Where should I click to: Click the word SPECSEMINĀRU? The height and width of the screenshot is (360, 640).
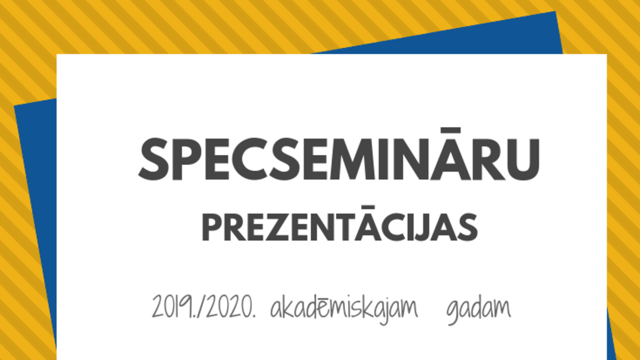tap(339, 154)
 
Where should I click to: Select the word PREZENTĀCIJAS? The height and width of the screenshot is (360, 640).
tap(340, 223)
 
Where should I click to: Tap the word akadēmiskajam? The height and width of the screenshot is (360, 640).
tap(344, 309)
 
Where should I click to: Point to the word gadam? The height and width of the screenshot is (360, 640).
tap(478, 310)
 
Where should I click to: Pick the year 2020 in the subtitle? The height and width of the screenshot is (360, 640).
tap(229, 307)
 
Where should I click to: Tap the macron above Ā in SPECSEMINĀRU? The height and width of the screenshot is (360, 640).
tap(450, 130)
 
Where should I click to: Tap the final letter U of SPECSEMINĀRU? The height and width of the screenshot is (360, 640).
tap(523, 160)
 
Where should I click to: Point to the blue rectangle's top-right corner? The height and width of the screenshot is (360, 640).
tap(555, 11)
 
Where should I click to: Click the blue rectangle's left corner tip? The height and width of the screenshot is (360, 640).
tap(14, 106)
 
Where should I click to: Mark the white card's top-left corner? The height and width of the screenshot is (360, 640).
tap(57, 54)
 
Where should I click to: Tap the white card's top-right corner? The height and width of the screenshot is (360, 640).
tap(606, 54)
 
